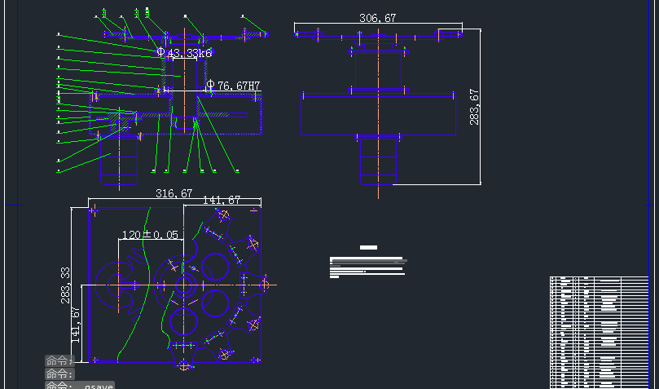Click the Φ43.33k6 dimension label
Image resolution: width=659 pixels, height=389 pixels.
[185, 53]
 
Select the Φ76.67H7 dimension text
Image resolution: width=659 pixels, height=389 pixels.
[233, 85]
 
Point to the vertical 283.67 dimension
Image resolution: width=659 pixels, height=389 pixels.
[474, 107]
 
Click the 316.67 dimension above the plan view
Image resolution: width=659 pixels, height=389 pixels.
[174, 194]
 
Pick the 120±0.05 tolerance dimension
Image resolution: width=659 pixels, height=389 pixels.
[150, 235]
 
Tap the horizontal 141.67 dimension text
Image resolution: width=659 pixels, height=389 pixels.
[221, 200]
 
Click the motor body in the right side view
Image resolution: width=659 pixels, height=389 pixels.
[377, 159]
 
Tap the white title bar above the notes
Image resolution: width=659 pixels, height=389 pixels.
[368, 247]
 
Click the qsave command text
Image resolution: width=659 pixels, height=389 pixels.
[99, 385]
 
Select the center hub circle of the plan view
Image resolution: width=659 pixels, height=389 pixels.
[187, 285]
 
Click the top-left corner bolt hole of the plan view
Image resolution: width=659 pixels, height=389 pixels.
[94, 210]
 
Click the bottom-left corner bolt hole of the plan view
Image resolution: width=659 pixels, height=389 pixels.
[94, 358]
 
